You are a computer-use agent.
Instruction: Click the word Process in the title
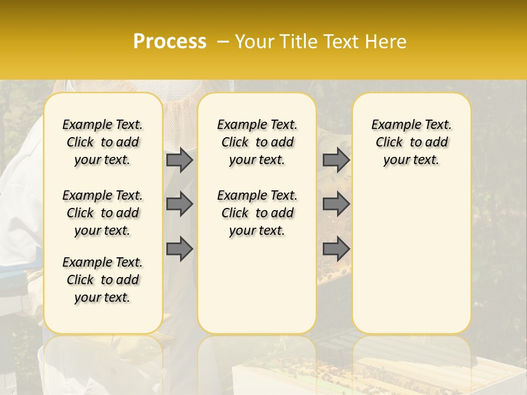click(x=170, y=42)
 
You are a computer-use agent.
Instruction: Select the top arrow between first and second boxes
click(x=179, y=160)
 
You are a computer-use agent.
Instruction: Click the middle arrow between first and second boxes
click(x=179, y=204)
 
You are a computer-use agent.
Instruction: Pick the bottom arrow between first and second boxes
click(x=179, y=249)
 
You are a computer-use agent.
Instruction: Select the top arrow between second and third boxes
click(x=336, y=160)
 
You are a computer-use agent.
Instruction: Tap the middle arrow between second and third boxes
click(x=336, y=204)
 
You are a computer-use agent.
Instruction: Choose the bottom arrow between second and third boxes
click(x=336, y=249)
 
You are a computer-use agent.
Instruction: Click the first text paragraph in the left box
click(x=103, y=142)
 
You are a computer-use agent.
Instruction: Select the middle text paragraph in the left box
click(x=103, y=213)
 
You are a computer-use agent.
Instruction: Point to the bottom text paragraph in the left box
click(x=103, y=280)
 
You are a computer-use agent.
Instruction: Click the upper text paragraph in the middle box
click(x=257, y=142)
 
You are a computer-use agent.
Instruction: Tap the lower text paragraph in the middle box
click(x=257, y=213)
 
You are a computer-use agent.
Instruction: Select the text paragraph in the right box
click(x=412, y=142)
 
